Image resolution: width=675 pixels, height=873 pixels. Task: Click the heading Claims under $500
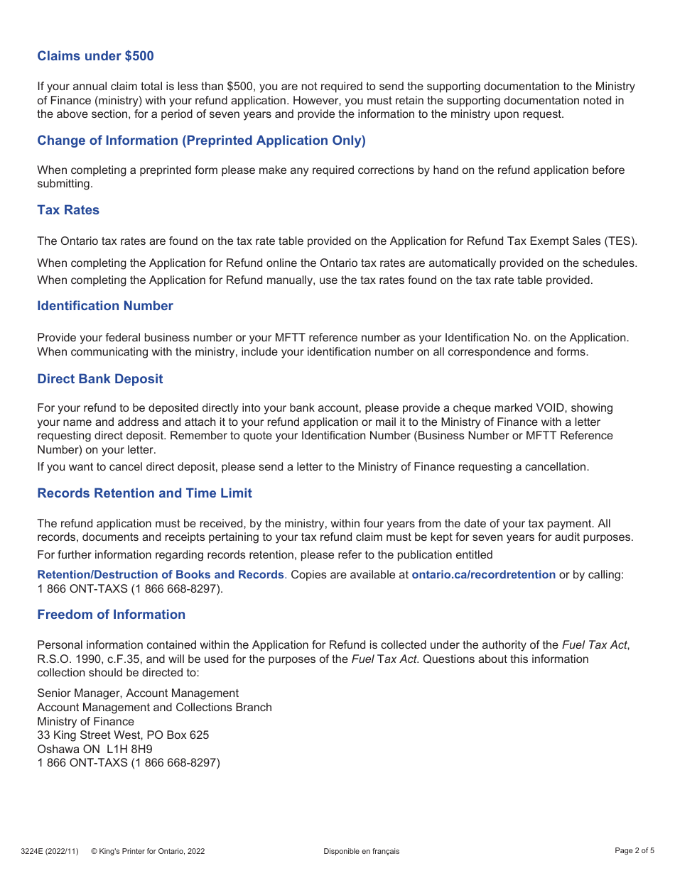click(x=95, y=56)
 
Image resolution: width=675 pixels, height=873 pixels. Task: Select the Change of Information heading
click(x=201, y=141)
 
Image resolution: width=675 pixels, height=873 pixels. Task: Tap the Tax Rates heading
click(x=68, y=210)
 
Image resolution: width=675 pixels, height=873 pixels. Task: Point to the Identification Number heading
click(x=105, y=306)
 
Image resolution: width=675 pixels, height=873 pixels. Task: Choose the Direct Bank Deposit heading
click(x=100, y=379)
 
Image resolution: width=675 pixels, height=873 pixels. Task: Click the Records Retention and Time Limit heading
click(x=144, y=493)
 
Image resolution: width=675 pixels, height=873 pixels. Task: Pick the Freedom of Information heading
click(x=111, y=615)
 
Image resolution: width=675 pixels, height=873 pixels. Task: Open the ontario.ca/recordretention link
click(x=483, y=574)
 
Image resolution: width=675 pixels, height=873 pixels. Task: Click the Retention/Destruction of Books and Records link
click(x=161, y=574)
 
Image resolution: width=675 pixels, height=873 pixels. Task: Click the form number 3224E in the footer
click(x=31, y=851)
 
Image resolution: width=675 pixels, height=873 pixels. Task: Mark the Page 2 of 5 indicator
click(x=634, y=850)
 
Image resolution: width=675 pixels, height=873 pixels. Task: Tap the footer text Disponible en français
click(x=361, y=851)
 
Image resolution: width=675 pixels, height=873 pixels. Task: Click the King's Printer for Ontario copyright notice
click(x=148, y=851)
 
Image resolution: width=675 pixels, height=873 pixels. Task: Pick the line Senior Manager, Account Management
click(x=138, y=693)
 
